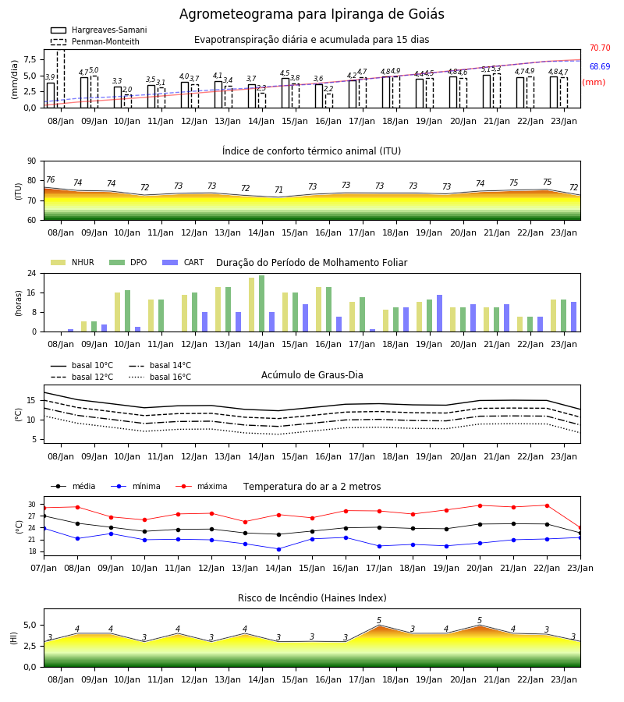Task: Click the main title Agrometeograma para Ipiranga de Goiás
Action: (x=311, y=14)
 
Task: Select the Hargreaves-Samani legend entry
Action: (x=99, y=30)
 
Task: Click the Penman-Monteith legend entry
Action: (x=95, y=41)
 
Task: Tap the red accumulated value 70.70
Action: (x=600, y=48)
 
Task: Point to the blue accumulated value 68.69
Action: (x=600, y=67)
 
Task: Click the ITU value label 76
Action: (x=50, y=179)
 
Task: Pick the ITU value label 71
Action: (x=279, y=190)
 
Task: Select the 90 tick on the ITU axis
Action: (x=32, y=161)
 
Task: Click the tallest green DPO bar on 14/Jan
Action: (x=262, y=303)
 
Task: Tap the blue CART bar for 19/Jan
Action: (x=440, y=314)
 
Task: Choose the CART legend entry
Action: (x=183, y=262)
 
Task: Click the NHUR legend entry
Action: (x=73, y=262)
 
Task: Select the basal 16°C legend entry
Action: (x=160, y=377)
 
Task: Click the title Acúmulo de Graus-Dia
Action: (x=312, y=375)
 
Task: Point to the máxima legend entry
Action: (x=201, y=486)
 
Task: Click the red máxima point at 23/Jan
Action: (x=580, y=528)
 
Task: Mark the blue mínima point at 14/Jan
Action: (x=279, y=549)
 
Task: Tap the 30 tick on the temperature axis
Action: (x=32, y=505)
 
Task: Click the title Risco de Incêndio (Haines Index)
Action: (x=312, y=598)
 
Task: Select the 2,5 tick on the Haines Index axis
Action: (x=30, y=646)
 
